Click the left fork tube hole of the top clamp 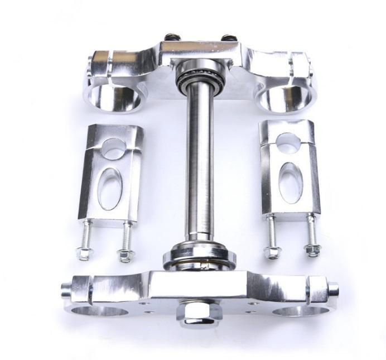pyautogui.click(x=115, y=95)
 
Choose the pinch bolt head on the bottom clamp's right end pyautogui.click(x=333, y=289)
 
